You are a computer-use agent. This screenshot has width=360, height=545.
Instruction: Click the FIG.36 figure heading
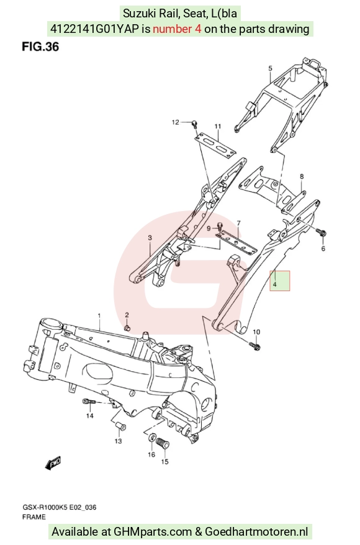(40, 47)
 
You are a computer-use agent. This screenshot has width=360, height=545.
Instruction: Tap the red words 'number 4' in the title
(177, 29)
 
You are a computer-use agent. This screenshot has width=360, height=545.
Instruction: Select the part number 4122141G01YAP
(95, 29)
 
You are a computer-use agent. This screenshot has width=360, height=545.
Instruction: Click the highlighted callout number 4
(274, 284)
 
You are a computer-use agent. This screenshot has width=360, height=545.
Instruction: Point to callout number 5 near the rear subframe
(271, 68)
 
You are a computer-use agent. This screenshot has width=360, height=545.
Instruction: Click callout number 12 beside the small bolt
(176, 122)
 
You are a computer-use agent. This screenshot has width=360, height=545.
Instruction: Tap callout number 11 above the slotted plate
(218, 126)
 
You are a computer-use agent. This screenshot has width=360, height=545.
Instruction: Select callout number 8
(302, 176)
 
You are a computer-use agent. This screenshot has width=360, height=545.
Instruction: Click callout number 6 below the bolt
(323, 248)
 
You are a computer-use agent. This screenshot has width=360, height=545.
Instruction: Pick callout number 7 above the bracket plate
(239, 223)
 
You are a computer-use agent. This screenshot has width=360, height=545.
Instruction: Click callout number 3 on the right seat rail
(150, 238)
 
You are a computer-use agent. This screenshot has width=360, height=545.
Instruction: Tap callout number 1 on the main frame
(99, 315)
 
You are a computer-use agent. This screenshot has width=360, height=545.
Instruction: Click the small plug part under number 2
(127, 328)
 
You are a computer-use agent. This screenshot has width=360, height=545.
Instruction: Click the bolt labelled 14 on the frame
(89, 402)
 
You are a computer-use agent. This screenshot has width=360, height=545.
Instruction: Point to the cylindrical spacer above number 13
(120, 426)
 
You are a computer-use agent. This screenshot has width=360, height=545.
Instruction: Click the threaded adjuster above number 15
(162, 443)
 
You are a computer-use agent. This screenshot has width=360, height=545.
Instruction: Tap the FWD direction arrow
(53, 463)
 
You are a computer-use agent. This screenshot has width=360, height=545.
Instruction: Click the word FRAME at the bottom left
(34, 517)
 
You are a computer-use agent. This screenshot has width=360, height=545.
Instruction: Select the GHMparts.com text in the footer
(153, 532)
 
